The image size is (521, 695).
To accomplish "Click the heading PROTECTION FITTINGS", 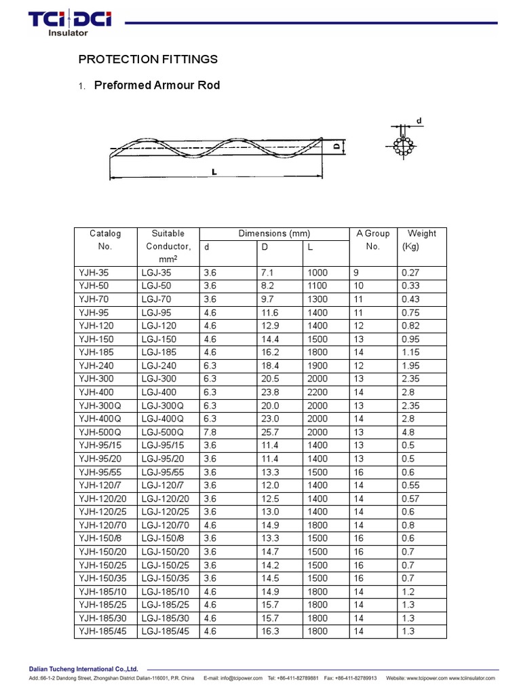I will pyautogui.click(x=148, y=59).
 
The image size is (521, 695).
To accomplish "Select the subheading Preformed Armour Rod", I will pyautogui.click(x=157, y=86).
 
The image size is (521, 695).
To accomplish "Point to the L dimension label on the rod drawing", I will pyautogui.click(x=214, y=172).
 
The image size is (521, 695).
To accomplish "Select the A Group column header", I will pyautogui.click(x=372, y=240).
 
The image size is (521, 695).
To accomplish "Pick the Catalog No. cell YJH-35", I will pyautogui.click(x=94, y=273).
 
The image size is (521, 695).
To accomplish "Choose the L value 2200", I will pyautogui.click(x=317, y=392).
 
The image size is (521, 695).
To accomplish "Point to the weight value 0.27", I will pyautogui.click(x=410, y=273).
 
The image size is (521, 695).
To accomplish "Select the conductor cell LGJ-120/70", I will pyautogui.click(x=167, y=525).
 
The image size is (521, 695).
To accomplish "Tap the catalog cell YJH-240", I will pyautogui.click(x=97, y=366).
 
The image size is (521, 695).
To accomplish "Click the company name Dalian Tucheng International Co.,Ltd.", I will pyautogui.click(x=75, y=669).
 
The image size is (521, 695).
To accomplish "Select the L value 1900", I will pyautogui.click(x=317, y=366).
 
